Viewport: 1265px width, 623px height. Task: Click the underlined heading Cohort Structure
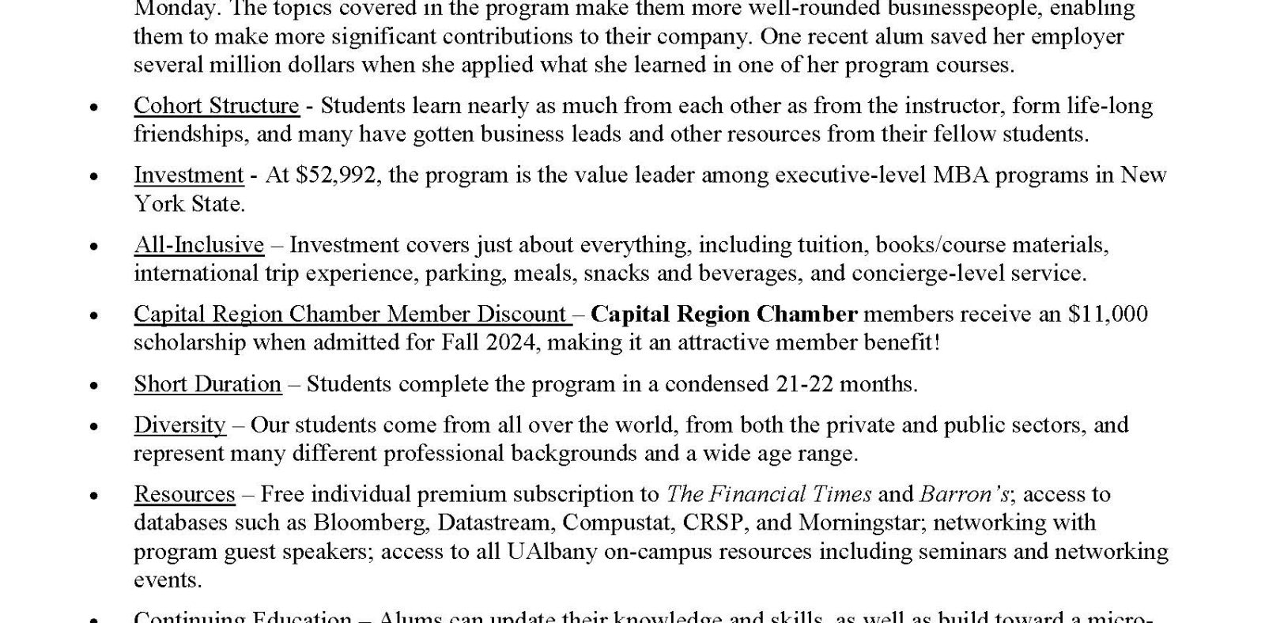click(x=216, y=106)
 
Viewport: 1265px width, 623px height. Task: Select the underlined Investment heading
click(x=188, y=175)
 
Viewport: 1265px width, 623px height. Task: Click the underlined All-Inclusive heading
click(x=198, y=245)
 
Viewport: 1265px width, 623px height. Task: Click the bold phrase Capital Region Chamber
click(x=723, y=315)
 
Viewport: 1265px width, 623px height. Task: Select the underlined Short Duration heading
click(x=207, y=384)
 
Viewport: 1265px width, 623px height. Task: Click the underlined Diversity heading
click(x=179, y=425)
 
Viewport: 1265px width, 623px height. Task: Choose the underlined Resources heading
click(x=184, y=495)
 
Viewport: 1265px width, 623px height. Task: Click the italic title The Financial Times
click(x=768, y=495)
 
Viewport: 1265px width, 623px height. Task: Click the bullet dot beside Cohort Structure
click(x=95, y=107)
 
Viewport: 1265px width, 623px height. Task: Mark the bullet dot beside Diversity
click(x=95, y=426)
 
